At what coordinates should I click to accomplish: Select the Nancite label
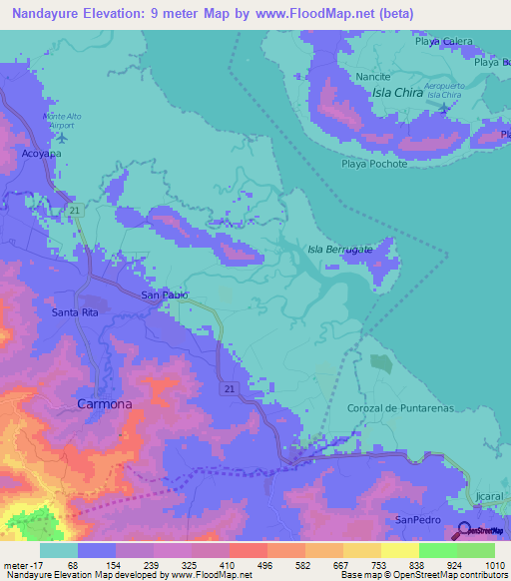tap(372, 76)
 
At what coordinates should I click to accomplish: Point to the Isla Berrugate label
tap(339, 249)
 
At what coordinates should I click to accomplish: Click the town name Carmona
tap(105, 404)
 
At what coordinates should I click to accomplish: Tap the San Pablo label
tap(165, 295)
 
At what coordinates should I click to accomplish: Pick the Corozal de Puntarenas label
tap(400, 408)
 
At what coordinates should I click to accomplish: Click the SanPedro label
tap(417, 520)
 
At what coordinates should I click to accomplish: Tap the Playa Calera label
tap(443, 41)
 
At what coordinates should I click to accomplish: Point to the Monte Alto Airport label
tap(64, 121)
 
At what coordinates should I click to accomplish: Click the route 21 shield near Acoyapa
tap(75, 210)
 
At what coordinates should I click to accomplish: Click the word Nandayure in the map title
tap(47, 14)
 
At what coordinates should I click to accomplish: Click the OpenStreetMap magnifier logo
tap(465, 531)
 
